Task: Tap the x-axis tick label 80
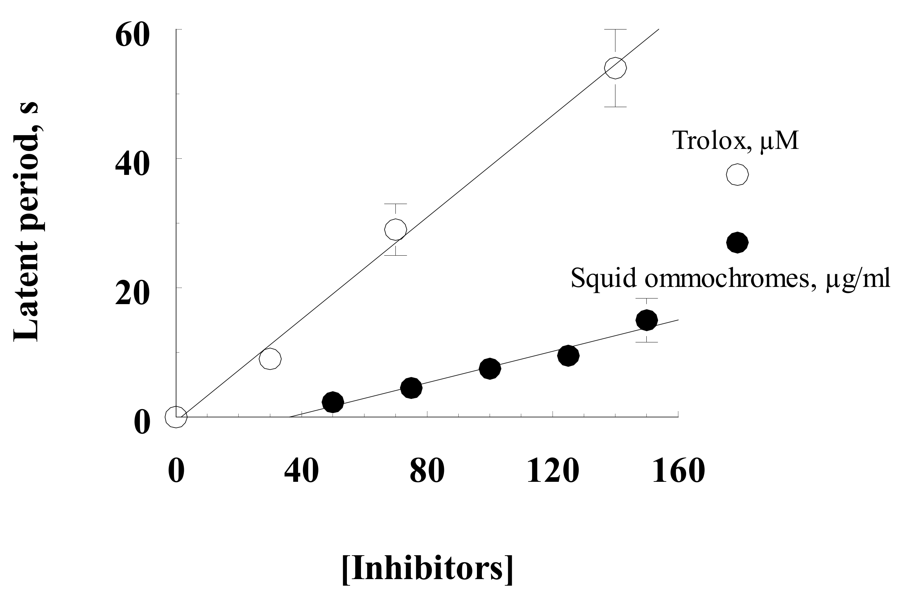tap(427, 471)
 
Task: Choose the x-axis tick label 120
tap(553, 471)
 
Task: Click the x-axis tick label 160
tap(678, 471)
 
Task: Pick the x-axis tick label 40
tap(301, 471)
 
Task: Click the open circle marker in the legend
tap(737, 175)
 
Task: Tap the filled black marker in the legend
tap(737, 243)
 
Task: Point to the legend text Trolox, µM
tap(735, 140)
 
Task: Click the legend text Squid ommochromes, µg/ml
tap(730, 278)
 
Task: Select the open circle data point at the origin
tap(176, 417)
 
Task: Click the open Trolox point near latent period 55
tap(615, 68)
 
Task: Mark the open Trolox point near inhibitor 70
tap(396, 230)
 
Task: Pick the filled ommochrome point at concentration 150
tap(646, 320)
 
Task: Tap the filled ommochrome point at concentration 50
tap(333, 402)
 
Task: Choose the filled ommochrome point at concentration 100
tap(490, 368)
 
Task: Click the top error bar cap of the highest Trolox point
tap(615, 29)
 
